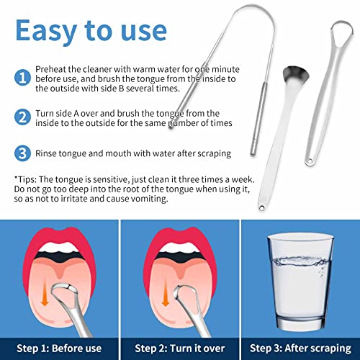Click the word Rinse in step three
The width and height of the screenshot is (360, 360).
click(x=48, y=153)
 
